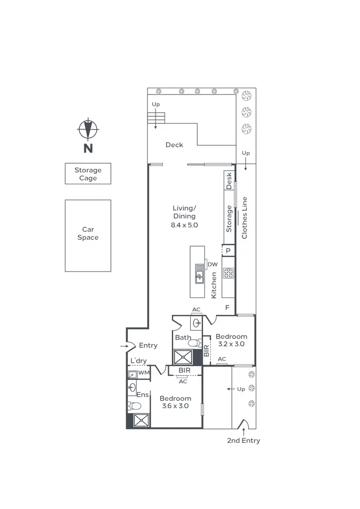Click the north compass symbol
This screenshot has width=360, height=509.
[x=88, y=129]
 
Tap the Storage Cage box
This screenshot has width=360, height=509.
[x=88, y=174]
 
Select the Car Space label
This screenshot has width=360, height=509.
[x=88, y=234]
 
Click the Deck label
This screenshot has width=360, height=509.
[x=174, y=145]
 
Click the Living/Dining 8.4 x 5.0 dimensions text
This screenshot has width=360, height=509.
[x=184, y=225]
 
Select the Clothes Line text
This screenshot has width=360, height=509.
[x=244, y=218]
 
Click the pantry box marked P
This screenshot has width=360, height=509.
[x=228, y=250]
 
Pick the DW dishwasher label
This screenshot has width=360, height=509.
[x=213, y=264]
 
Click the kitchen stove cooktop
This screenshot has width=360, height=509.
[x=228, y=273]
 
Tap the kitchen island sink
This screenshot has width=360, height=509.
[x=200, y=276]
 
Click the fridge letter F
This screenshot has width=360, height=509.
[x=228, y=307]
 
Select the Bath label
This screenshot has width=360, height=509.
[x=183, y=338]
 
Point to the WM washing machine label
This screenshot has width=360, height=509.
[x=144, y=373]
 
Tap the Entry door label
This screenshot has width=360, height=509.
[x=148, y=345]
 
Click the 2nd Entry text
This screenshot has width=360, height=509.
[x=243, y=440]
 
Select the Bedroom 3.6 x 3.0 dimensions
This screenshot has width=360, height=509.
[x=175, y=406]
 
